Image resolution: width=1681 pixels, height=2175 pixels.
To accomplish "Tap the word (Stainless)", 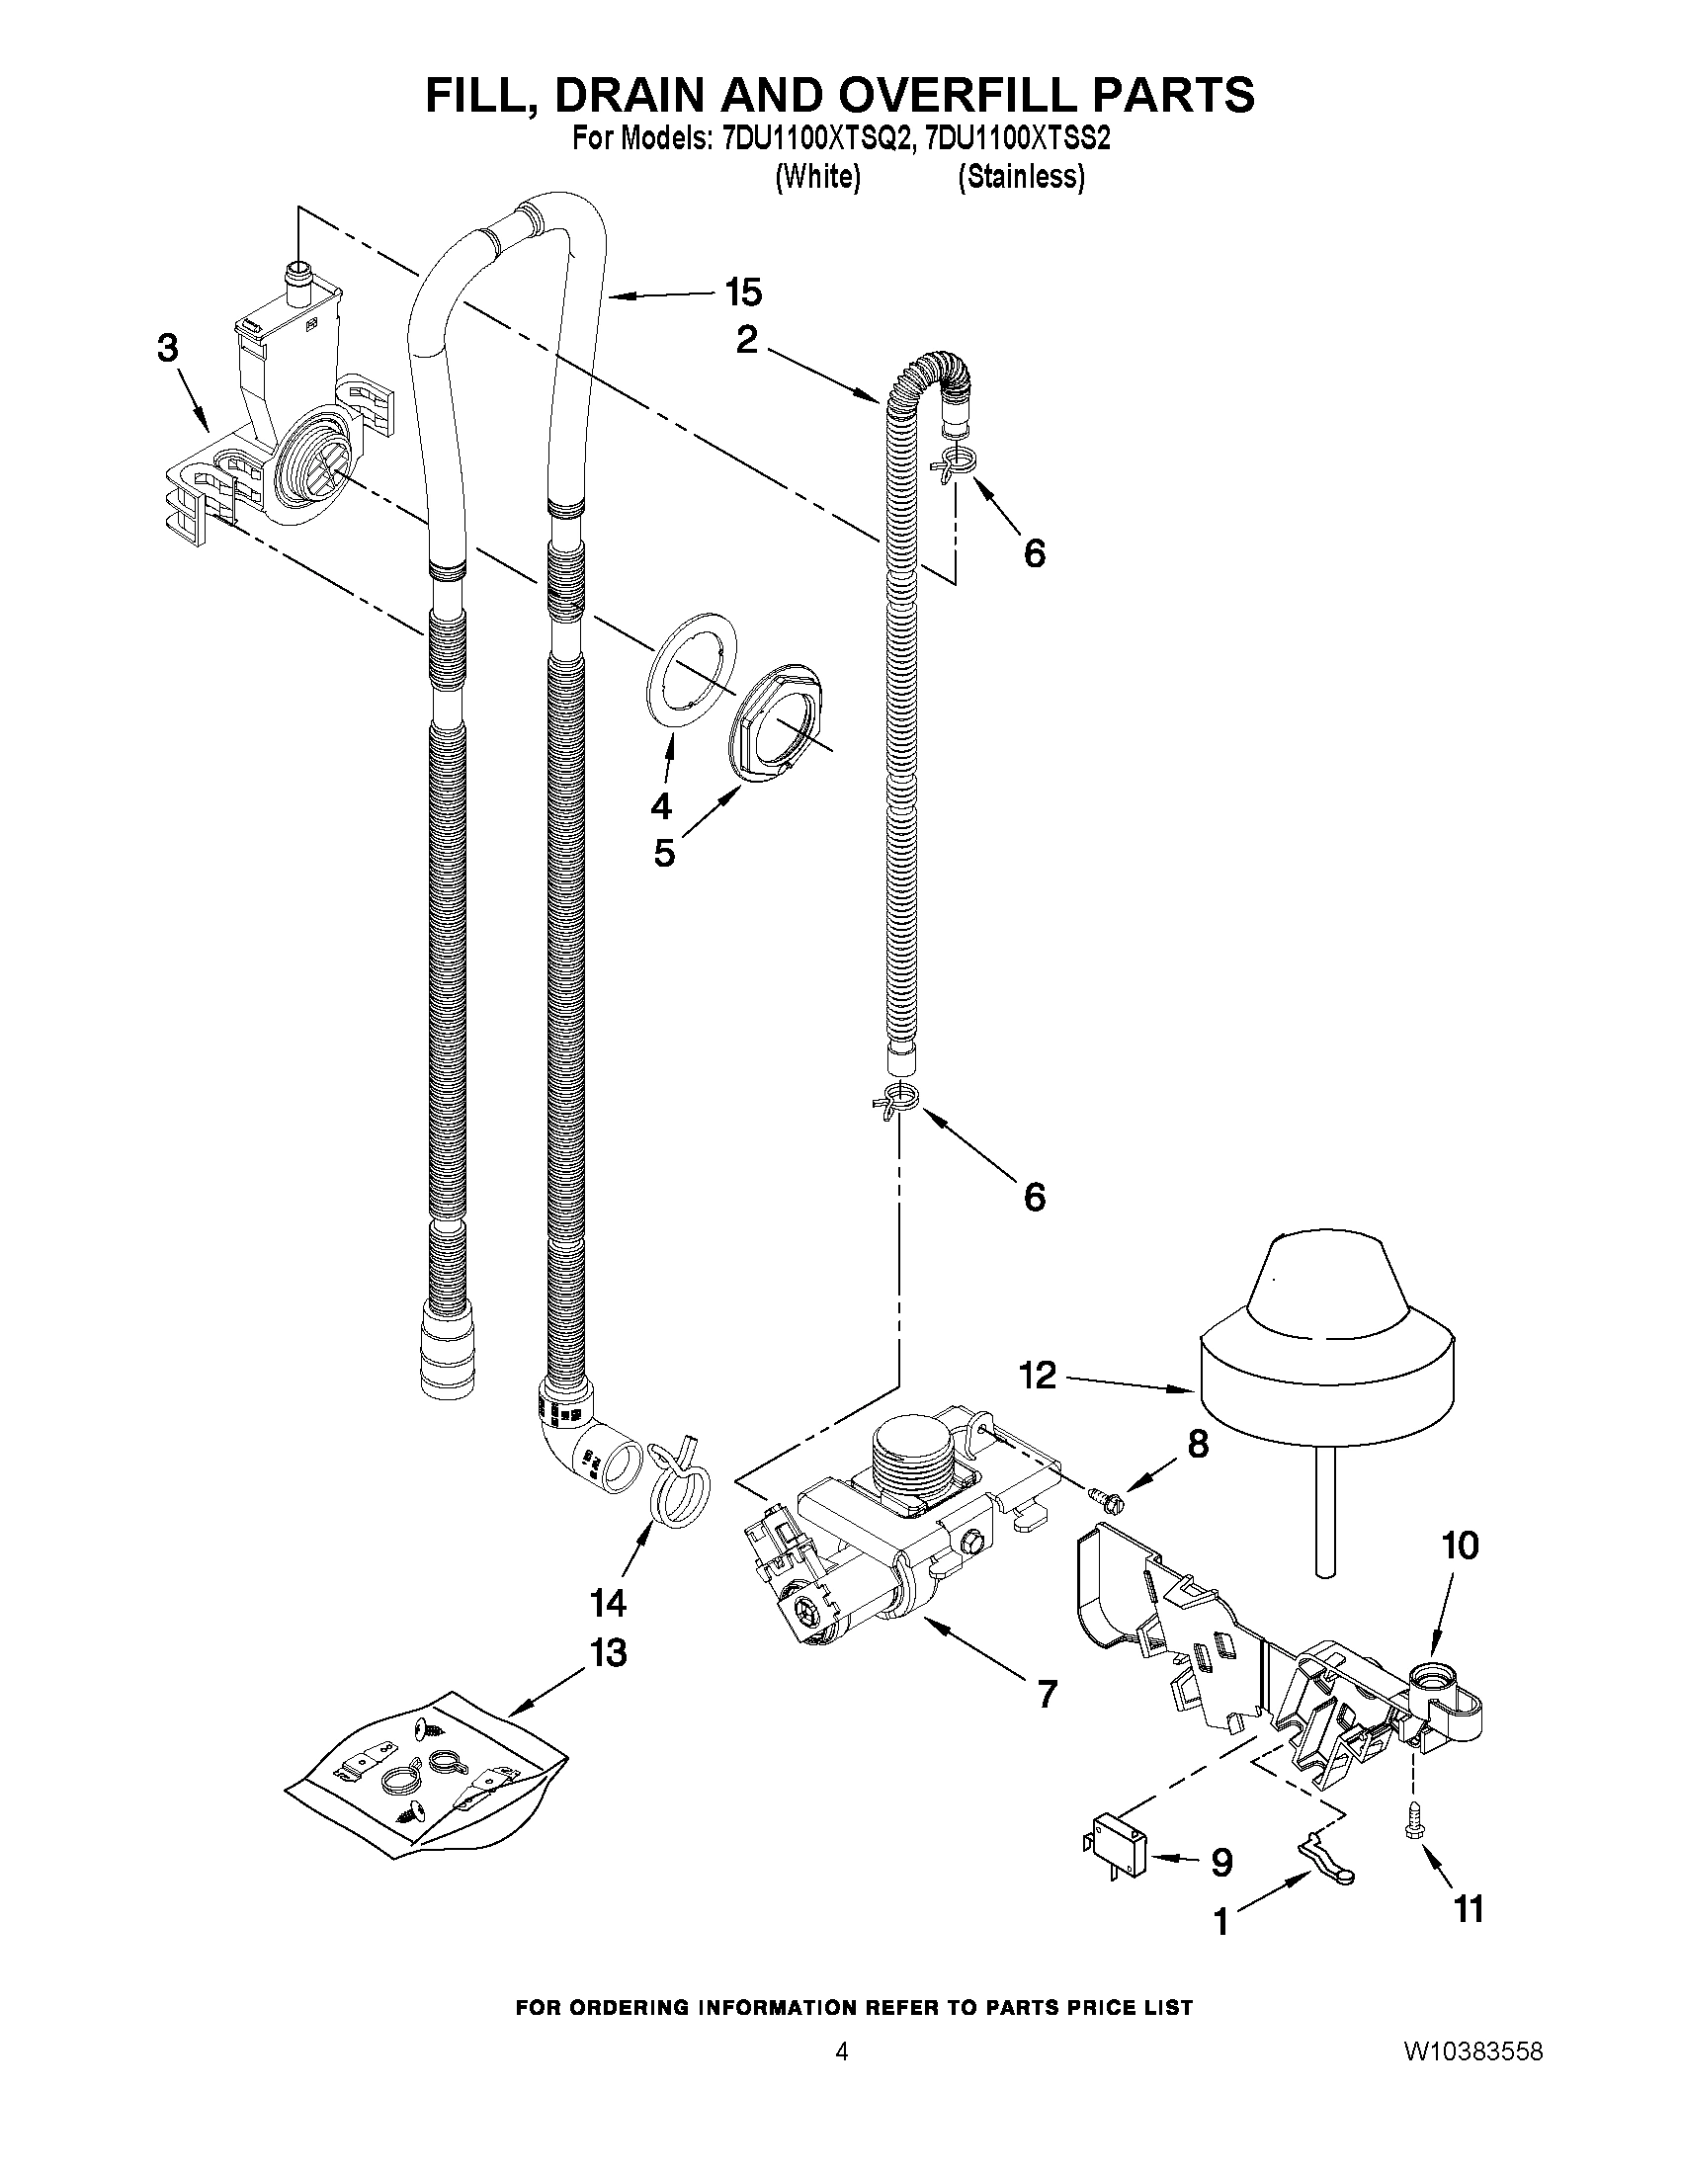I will coord(1021,177).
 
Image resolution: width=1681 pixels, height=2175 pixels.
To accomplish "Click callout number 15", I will coord(743,293).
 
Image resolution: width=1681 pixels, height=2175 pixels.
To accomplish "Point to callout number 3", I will coord(167,348).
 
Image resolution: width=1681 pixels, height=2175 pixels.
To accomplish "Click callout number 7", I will coord(1047,1694).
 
